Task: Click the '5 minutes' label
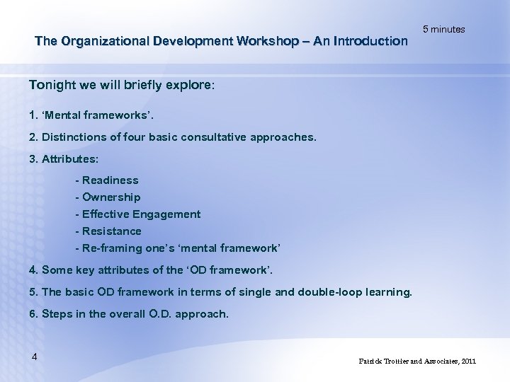coord(443,29)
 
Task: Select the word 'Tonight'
coord(52,85)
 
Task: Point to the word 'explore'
coord(186,85)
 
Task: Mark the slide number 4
coord(34,356)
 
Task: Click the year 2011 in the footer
coord(468,361)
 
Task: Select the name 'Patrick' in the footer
coord(373,361)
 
